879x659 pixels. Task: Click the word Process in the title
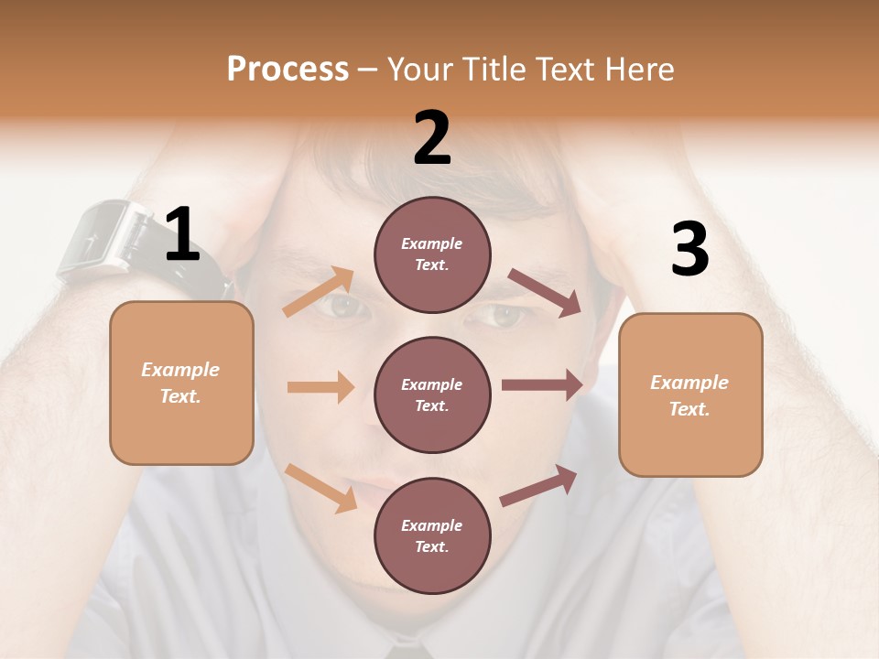point(288,70)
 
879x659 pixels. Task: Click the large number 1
point(182,235)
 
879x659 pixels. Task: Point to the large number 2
point(432,139)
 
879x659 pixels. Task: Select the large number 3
point(689,250)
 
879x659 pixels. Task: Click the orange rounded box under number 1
point(181,383)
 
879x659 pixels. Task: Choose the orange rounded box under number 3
point(690,394)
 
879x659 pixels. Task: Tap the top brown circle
point(432,254)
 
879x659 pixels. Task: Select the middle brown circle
point(432,394)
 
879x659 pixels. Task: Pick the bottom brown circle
point(432,535)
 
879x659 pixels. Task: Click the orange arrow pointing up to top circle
point(319,292)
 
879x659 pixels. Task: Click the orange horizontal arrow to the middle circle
point(320,387)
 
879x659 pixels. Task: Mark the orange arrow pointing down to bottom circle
point(320,487)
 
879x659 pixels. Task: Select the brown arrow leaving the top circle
point(544,292)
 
